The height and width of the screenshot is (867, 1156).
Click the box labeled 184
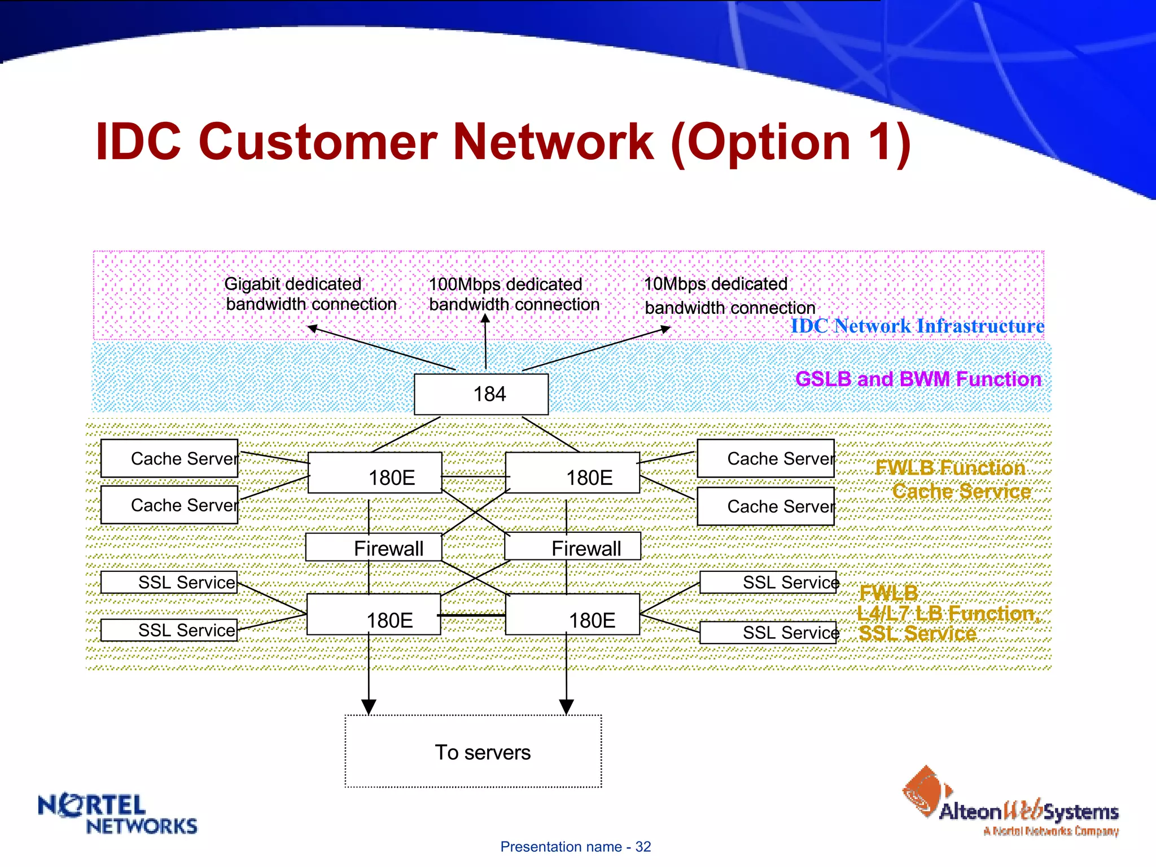pyautogui.click(x=481, y=394)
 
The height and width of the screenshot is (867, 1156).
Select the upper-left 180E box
pyautogui.click(x=375, y=472)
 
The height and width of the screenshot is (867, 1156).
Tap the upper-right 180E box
pyautogui.click(x=572, y=472)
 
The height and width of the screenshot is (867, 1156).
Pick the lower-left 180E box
pyautogui.click(x=374, y=614)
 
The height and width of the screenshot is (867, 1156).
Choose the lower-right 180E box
pyautogui.click(x=572, y=614)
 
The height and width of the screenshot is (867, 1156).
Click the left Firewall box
pyautogui.click(x=374, y=547)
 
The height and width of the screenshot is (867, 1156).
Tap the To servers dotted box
pyautogui.click(x=473, y=751)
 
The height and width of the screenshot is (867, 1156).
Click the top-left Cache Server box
pyautogui.click(x=169, y=458)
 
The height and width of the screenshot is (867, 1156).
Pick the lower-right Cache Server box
pyautogui.click(x=766, y=506)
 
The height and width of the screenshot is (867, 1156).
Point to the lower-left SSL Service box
pyautogui.click(x=169, y=630)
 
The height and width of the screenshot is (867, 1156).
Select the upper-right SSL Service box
pyautogui.click(x=768, y=582)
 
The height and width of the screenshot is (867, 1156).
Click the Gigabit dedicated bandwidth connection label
pyautogui.click(x=310, y=294)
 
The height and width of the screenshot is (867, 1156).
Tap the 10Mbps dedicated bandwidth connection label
pyautogui.click(x=729, y=296)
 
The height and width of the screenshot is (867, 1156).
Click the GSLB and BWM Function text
pyautogui.click(x=918, y=379)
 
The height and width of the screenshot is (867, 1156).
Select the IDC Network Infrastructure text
pyautogui.click(x=917, y=326)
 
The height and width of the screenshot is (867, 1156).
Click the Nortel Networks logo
pyautogui.click(x=117, y=813)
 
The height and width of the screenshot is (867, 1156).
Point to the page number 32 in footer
pyautogui.click(x=643, y=847)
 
